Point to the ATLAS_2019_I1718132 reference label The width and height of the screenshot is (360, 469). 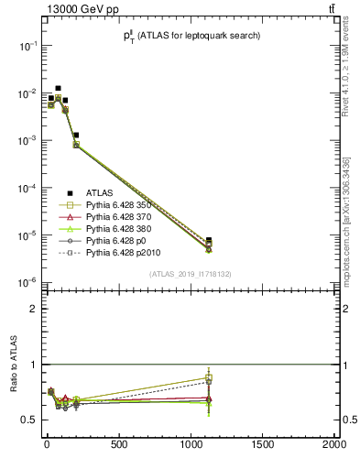pyautogui.click(x=195, y=274)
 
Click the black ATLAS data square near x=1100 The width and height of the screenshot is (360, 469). pyautogui.click(x=209, y=240)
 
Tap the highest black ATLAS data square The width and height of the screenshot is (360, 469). pyautogui.click(x=58, y=89)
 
